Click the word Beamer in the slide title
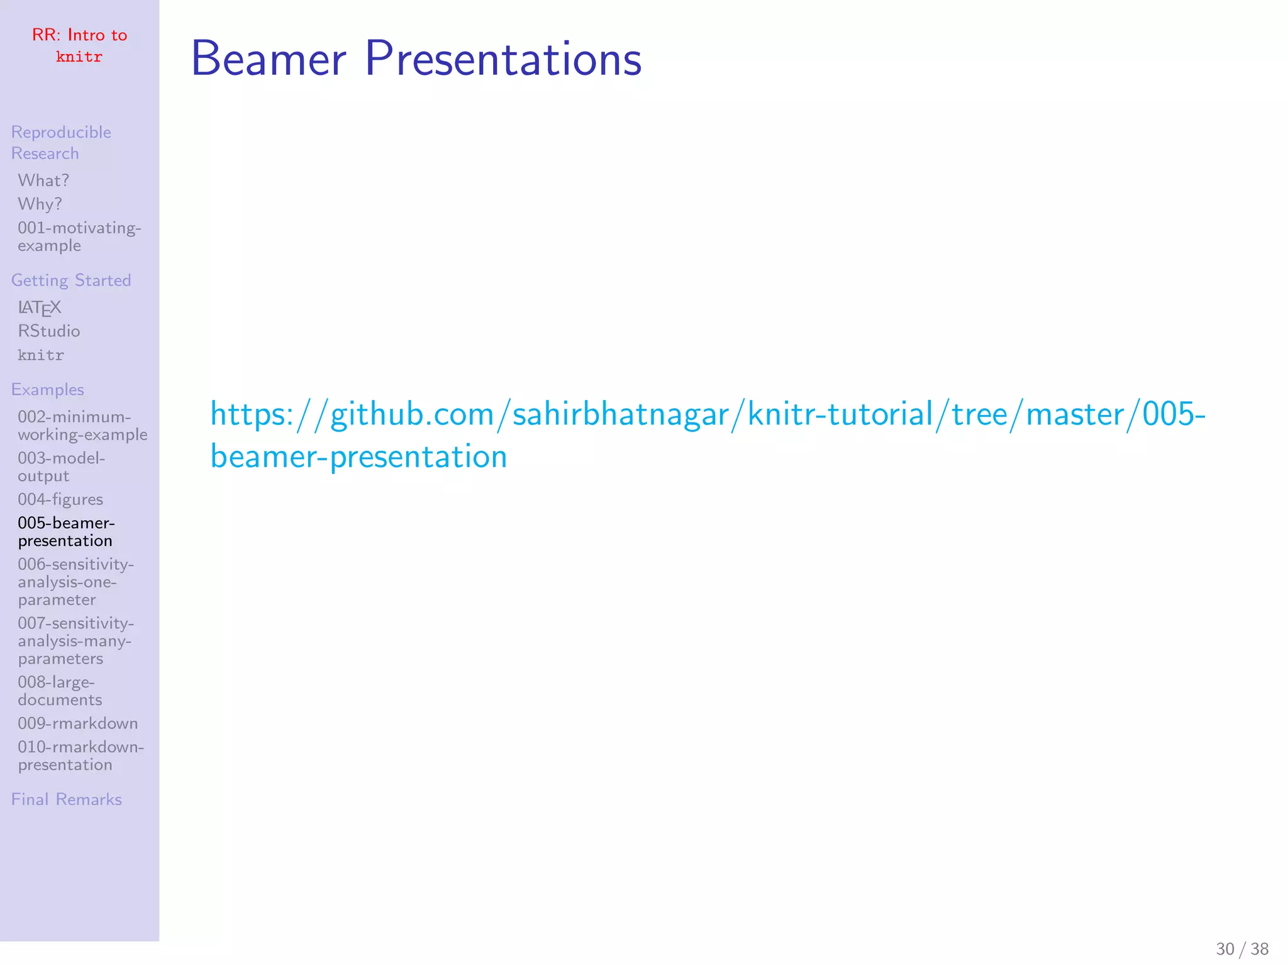tap(269, 58)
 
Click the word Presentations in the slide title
tap(503, 58)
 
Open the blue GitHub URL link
tap(707, 415)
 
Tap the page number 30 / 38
tap(1241, 948)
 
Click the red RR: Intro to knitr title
tap(79, 45)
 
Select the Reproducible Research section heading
tap(61, 143)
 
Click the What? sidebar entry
tap(43, 180)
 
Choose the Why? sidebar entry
tap(40, 204)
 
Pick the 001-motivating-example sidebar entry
tap(79, 236)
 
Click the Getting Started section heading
tap(71, 280)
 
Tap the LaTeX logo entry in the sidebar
tap(39, 308)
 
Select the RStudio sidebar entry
tap(49, 331)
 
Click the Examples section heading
tap(47, 390)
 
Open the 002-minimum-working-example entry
tap(82, 426)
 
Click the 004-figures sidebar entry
tap(60, 499)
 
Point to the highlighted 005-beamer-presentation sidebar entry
tap(66, 532)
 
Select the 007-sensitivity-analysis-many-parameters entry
tap(75, 641)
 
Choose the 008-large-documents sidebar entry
tap(59, 691)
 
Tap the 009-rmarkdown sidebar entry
tap(77, 724)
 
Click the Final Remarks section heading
tap(66, 799)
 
